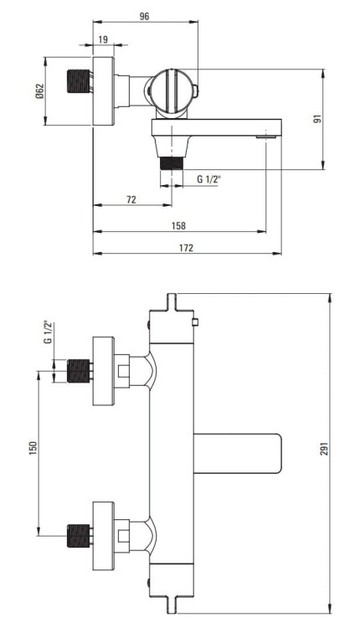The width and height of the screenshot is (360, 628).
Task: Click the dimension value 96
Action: click(x=144, y=16)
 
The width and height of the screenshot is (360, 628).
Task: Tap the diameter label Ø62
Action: click(x=49, y=91)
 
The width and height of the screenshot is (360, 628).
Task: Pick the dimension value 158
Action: click(x=179, y=225)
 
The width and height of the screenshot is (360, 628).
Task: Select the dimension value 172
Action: click(x=186, y=247)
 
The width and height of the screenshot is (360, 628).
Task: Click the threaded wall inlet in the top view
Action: click(x=78, y=91)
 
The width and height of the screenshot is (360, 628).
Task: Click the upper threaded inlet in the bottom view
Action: click(x=78, y=369)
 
